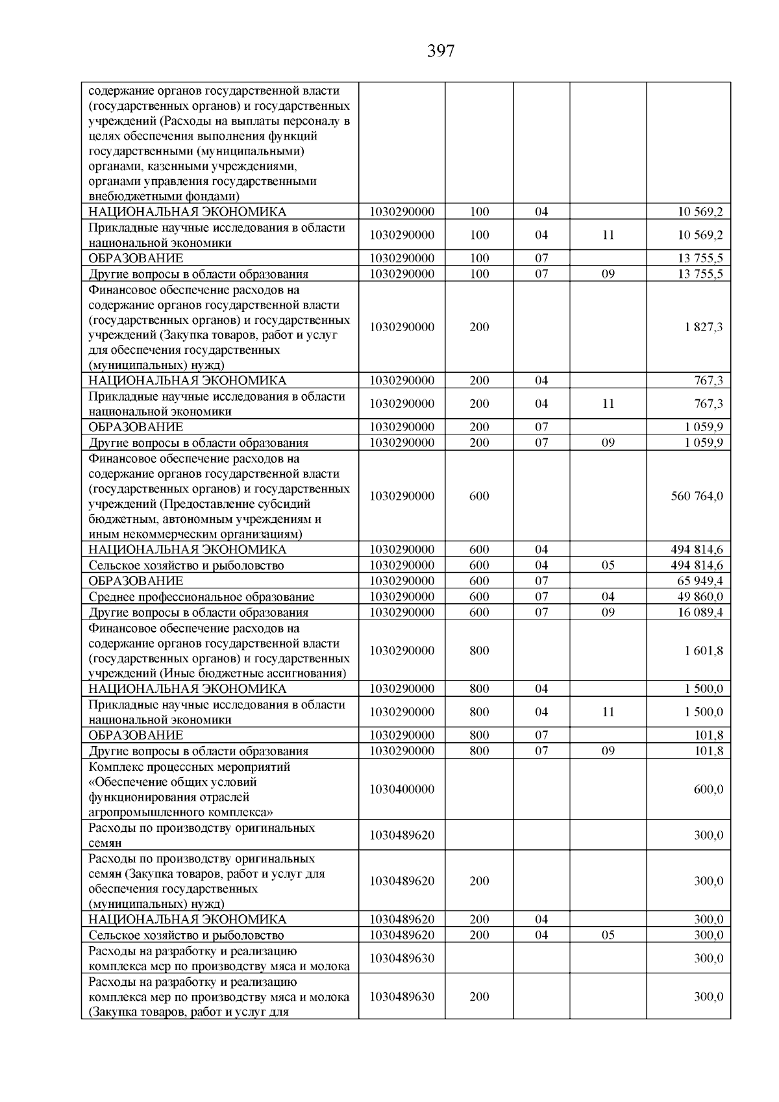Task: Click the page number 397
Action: [x=441, y=51]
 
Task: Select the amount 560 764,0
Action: [x=697, y=497]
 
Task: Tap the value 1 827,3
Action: [x=703, y=327]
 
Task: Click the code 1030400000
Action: [x=402, y=790]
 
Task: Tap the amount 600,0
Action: [x=708, y=790]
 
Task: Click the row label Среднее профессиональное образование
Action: [x=201, y=597]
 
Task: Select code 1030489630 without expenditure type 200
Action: [x=402, y=958]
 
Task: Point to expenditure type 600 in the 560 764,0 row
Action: [x=479, y=497]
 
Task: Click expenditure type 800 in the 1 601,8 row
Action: [x=479, y=651]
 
